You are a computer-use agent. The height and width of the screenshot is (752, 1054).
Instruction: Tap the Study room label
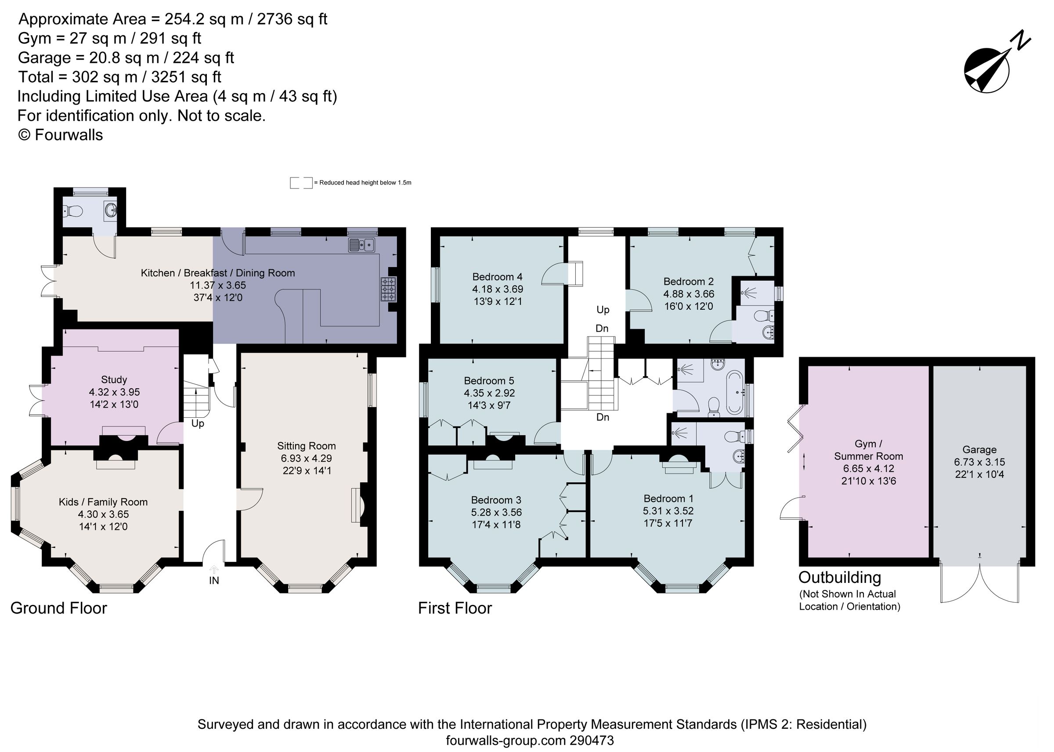(x=114, y=380)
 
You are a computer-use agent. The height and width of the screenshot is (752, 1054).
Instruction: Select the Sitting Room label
(x=306, y=446)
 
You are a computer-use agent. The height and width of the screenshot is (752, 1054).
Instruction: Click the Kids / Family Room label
(x=103, y=502)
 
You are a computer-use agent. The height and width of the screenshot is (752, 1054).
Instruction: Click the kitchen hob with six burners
(x=388, y=289)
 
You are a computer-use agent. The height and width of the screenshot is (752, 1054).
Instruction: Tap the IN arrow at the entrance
(x=214, y=570)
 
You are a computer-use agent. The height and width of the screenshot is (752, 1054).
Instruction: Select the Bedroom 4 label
(x=497, y=277)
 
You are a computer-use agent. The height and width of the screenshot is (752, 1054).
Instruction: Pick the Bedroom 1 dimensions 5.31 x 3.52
(x=668, y=511)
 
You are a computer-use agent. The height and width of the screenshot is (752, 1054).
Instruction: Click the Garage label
(x=979, y=450)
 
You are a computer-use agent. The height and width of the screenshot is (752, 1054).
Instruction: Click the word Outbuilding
(x=840, y=578)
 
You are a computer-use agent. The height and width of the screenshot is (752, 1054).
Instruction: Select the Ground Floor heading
(x=59, y=608)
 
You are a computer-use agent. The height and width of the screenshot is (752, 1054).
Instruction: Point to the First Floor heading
(x=455, y=608)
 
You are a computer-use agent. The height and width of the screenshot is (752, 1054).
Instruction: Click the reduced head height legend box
(x=301, y=182)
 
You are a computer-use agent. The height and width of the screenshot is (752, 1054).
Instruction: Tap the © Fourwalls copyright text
(x=60, y=135)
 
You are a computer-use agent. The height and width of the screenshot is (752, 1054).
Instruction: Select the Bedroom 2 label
(x=688, y=282)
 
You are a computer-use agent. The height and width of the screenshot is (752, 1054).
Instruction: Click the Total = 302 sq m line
(x=119, y=77)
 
